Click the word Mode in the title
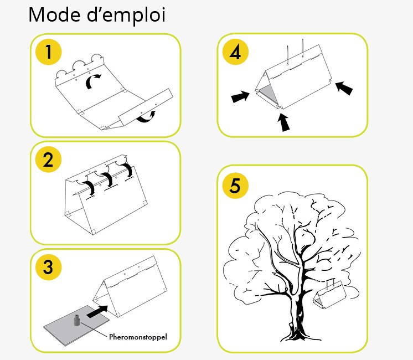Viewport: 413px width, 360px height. pos(54,15)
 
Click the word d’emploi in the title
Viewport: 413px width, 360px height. pos(126,16)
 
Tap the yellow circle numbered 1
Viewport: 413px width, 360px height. pos(49,52)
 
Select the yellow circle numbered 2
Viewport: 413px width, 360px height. pos(49,160)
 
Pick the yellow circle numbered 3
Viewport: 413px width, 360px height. pos(49,267)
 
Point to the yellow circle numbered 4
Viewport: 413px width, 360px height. pos(235,52)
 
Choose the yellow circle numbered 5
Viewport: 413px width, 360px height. pos(235,185)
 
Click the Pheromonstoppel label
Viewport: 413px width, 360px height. pos(138,337)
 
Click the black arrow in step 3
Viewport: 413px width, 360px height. pos(97,311)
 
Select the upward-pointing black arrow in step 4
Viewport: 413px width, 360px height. pos(283,122)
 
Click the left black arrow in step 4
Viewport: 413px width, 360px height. pos(240,96)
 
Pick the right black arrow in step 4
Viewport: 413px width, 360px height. pos(344,88)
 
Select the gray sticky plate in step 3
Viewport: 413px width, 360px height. pos(76,326)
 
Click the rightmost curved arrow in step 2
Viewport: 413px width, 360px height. pos(127,170)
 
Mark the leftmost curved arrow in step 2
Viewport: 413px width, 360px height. pos(90,188)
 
